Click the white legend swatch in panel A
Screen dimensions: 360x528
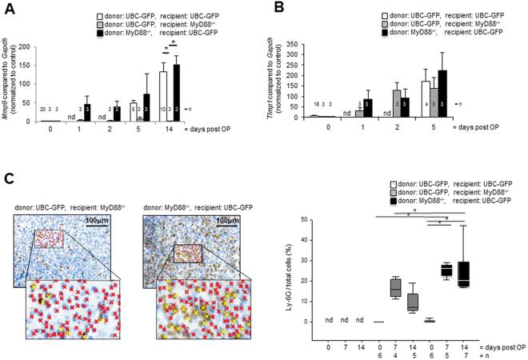[101, 14]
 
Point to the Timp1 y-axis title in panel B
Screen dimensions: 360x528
[285, 76]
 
